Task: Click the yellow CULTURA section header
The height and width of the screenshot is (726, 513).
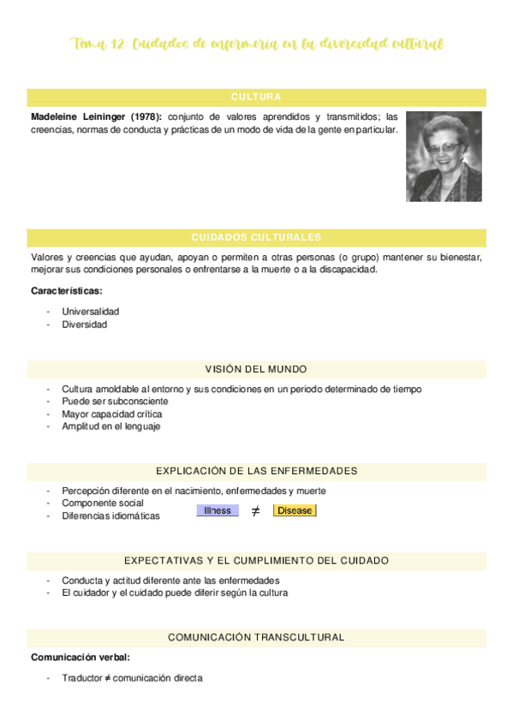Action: [256, 97]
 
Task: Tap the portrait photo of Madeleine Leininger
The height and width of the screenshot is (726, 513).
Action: [444, 157]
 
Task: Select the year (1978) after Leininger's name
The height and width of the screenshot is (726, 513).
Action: [145, 117]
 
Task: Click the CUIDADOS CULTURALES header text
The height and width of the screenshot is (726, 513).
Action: [256, 237]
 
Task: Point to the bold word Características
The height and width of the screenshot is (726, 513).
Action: [66, 291]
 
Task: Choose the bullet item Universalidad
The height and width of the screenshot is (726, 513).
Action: [90, 312]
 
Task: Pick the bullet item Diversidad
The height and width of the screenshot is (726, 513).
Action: [84, 324]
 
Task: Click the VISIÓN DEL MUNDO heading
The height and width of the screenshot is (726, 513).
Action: [256, 369]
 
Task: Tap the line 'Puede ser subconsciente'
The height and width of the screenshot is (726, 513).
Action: [115, 401]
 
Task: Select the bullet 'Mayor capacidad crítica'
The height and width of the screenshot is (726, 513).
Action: [111, 414]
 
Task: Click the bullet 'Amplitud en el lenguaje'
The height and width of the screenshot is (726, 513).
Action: [110, 426]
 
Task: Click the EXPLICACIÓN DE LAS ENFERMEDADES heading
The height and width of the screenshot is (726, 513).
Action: [256, 471]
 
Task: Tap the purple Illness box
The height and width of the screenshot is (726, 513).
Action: [218, 510]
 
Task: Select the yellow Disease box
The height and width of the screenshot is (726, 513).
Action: [295, 510]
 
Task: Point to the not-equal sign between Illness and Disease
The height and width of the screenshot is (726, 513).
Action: [255, 511]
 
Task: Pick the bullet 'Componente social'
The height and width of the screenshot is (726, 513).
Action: [102, 503]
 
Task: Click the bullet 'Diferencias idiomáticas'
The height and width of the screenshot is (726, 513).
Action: [110, 516]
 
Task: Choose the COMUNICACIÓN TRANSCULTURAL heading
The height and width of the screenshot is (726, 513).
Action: [256, 637]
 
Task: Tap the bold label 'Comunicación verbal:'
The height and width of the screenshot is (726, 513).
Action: [81, 658]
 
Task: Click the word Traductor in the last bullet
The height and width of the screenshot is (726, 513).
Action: [82, 678]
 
